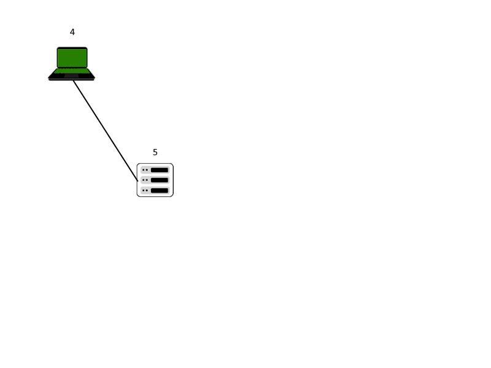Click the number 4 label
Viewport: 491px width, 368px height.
[x=72, y=32]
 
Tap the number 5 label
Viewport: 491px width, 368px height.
[x=155, y=152]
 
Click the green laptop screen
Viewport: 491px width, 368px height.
[x=72, y=58]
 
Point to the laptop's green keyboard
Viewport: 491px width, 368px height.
[x=72, y=71]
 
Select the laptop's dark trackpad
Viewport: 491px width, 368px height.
[x=71, y=76]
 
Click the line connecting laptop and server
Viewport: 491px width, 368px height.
[x=106, y=131]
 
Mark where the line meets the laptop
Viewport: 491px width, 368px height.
[x=73, y=81]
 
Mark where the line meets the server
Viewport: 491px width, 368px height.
[x=137, y=181]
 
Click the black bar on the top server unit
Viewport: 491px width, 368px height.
[x=160, y=170]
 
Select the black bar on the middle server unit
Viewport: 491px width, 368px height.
[x=160, y=180]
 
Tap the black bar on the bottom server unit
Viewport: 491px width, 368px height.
[x=160, y=190]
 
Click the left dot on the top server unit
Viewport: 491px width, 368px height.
[x=144, y=170]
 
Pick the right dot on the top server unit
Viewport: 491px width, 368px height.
[x=147, y=170]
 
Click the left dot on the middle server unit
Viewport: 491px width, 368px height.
[x=144, y=180]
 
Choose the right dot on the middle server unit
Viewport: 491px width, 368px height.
[x=147, y=180]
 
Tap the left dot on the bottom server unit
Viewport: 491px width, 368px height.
[x=144, y=190]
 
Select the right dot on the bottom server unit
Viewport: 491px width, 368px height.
[x=147, y=190]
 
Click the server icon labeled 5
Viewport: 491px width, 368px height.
[x=155, y=180]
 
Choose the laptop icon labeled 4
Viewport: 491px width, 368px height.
[x=72, y=64]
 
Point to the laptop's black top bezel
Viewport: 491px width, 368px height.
[x=72, y=48]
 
